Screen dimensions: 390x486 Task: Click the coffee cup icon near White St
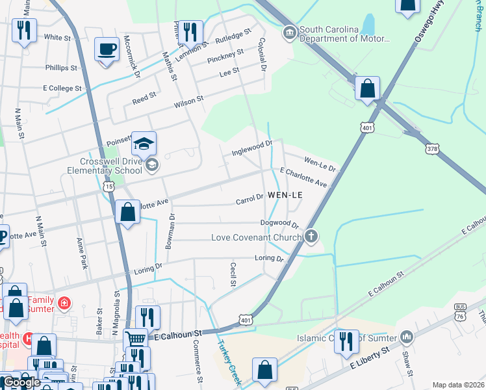(x=107, y=48)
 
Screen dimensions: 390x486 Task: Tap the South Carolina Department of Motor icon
(x=288, y=31)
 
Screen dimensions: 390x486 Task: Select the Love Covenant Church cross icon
(x=312, y=237)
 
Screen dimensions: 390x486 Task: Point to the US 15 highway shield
(x=108, y=187)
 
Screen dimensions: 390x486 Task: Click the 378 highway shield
(x=432, y=149)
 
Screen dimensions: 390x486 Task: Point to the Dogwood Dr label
(x=279, y=224)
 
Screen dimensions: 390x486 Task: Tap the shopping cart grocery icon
(x=135, y=339)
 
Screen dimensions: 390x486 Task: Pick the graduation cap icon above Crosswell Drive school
(x=144, y=142)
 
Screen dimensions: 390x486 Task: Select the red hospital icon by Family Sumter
(x=64, y=302)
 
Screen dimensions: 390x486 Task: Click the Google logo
(x=21, y=382)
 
